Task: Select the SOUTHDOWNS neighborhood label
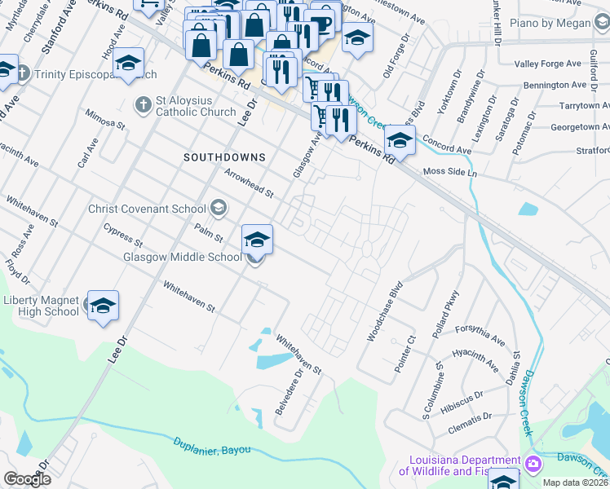pos(224,156)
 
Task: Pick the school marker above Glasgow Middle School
pos(257,240)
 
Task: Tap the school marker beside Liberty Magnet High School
pos(104,306)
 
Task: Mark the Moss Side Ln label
pos(449,173)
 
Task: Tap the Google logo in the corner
pos(27,479)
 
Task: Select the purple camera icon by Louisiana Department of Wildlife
pos(533,464)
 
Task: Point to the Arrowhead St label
pos(249,182)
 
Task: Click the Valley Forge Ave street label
pos(550,64)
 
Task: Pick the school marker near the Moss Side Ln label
pos(400,140)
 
